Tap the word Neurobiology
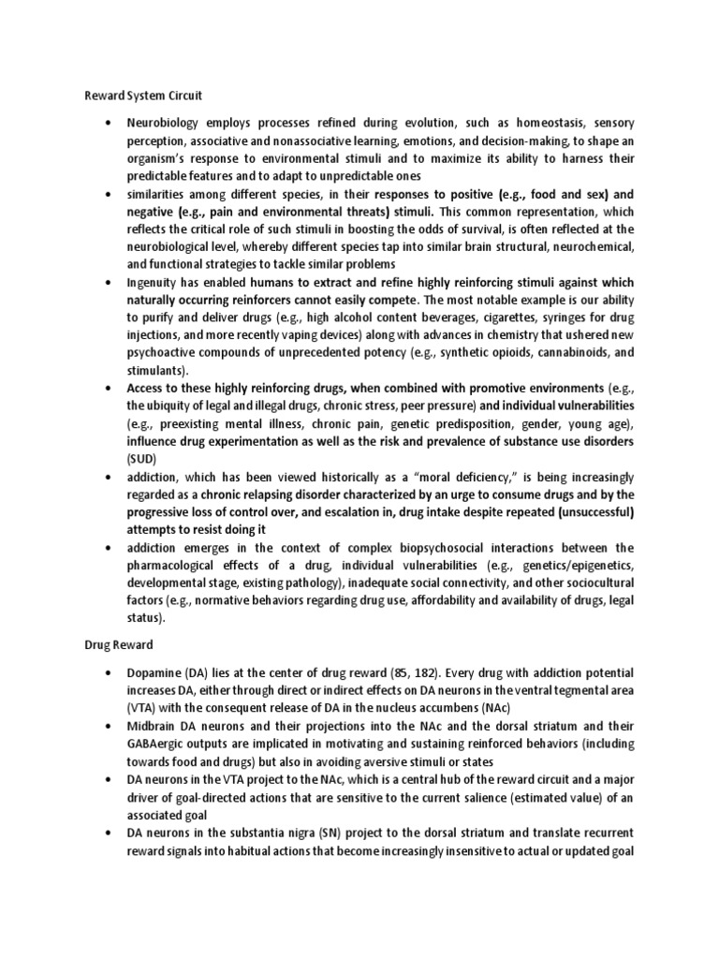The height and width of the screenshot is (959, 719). coord(168,124)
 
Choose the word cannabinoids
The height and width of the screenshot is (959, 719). coord(554,353)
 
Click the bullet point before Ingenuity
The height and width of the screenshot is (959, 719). coord(110,282)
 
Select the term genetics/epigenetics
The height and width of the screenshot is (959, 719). coord(570,565)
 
